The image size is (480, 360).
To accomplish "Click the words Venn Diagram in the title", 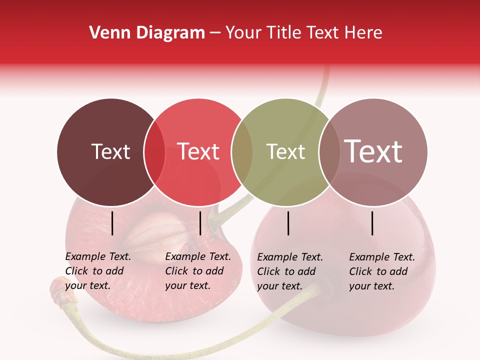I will coord(147,33).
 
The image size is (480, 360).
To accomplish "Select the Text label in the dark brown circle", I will coord(110,151).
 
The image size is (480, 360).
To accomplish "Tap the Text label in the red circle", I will coord(198,151).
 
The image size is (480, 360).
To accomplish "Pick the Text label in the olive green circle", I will coord(285,151).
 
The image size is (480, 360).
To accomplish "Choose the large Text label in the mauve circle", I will coord(373,151).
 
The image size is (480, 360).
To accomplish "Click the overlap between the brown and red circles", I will coord(154,152).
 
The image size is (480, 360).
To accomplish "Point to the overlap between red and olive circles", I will coord(242,152).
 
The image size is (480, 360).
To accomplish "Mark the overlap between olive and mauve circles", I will coord(329,152).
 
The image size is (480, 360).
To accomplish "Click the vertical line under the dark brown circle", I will coord(112,223).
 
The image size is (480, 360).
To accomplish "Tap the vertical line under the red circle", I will coord(200,223).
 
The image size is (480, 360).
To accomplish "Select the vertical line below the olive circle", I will coord(288,223).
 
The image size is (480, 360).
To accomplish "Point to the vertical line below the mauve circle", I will coord(372,223).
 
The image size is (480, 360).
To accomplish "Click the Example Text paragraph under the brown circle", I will coord(98,271).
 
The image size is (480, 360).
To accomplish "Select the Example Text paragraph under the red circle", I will coord(198,271).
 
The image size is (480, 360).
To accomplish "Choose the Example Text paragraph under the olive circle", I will coord(290,271).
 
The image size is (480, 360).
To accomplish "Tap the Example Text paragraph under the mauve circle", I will coord(382,271).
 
